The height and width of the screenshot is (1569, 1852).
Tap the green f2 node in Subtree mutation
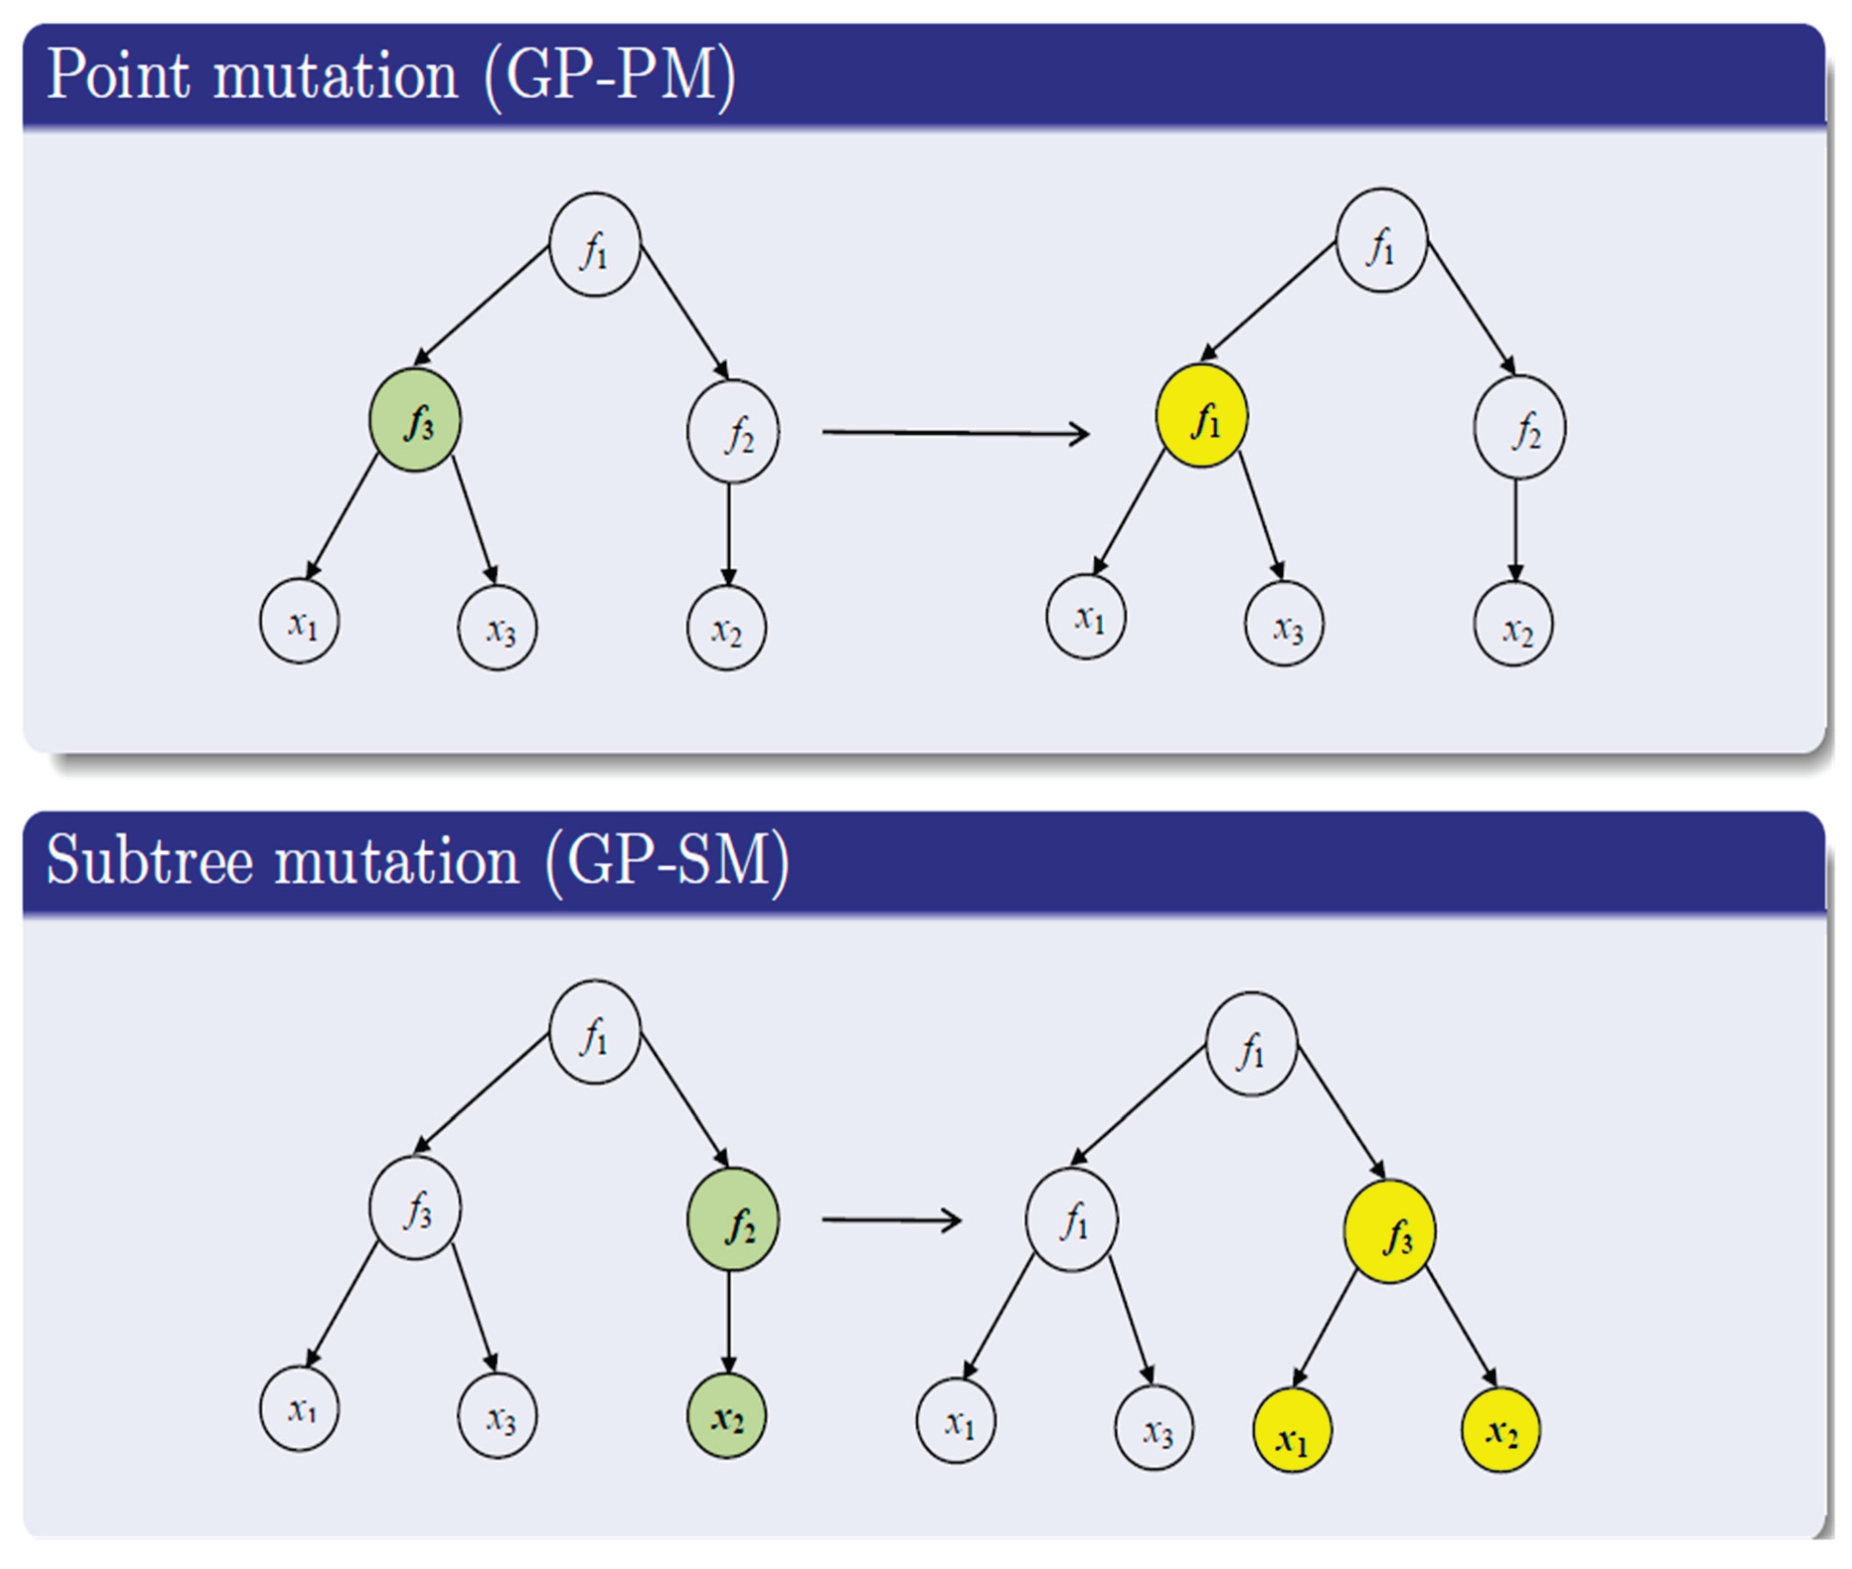[732, 1219]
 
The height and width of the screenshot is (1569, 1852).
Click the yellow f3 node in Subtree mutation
[1389, 1231]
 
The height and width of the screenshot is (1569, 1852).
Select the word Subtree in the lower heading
[149, 861]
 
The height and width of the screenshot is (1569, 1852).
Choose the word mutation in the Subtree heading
[396, 861]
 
